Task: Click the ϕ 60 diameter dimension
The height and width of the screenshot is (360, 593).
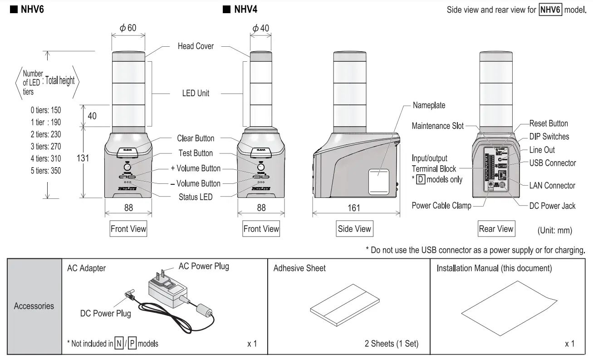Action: [128, 28]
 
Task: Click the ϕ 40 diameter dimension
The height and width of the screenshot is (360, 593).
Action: [261, 28]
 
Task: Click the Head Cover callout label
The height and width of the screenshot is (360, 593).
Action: [196, 46]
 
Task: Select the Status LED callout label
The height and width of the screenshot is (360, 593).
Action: [196, 197]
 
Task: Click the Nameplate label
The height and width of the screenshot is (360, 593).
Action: [429, 105]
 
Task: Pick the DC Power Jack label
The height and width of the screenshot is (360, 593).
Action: [552, 206]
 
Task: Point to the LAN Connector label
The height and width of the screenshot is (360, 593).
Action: [552, 185]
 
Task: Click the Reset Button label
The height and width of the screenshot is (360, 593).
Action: [549, 123]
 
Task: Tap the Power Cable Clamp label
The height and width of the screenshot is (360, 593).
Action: [441, 206]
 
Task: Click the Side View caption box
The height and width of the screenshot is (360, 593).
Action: [354, 229]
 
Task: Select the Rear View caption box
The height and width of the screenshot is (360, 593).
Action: [496, 229]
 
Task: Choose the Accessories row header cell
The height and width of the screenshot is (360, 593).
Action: [34, 306]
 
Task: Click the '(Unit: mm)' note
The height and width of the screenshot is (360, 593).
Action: [554, 231]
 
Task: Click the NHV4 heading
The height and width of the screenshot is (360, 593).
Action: [245, 9]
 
